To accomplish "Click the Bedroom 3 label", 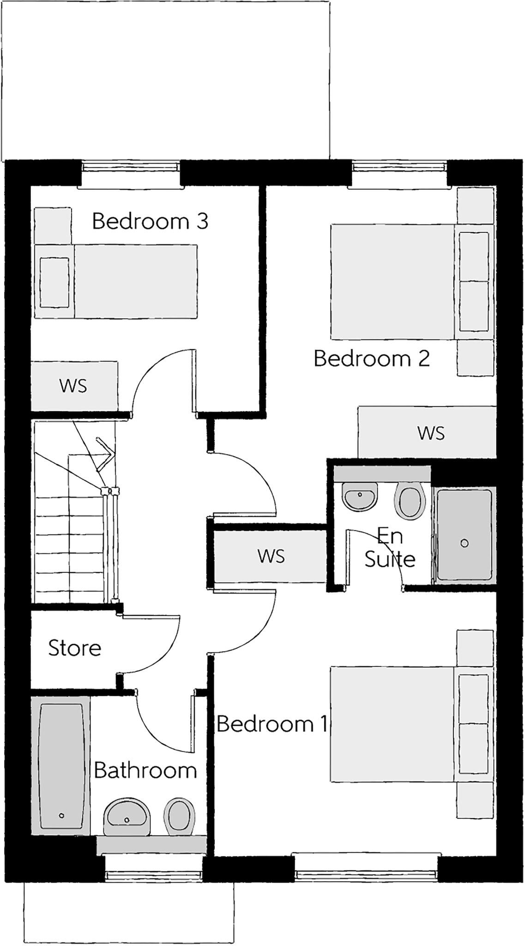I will [x=150, y=221].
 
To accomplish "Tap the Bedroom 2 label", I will [x=372, y=358].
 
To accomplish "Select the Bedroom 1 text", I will [x=272, y=724].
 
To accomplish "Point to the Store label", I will [x=75, y=648].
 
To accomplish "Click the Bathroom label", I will [x=145, y=770].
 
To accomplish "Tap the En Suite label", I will [x=390, y=548].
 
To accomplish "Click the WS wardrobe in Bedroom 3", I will [x=74, y=386].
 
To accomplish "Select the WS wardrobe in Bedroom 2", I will [x=427, y=433].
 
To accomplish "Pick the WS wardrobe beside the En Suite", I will [x=271, y=556].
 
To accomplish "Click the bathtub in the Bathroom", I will [x=61, y=765].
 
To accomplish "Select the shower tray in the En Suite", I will [x=464, y=534].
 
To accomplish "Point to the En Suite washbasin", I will [x=360, y=497].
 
